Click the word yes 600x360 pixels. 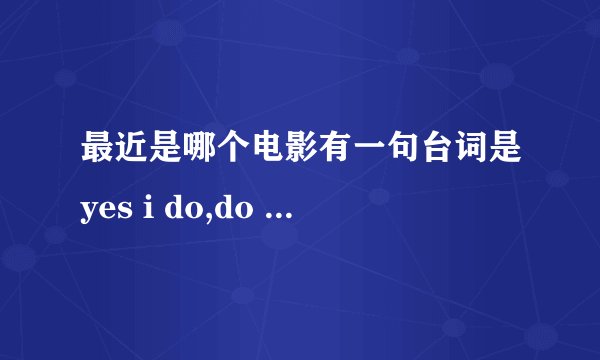tap(107, 207)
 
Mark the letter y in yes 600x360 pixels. tap(93, 208)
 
